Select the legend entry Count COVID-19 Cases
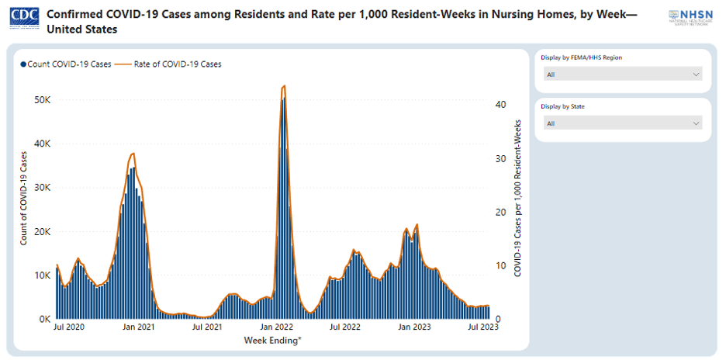coord(66,64)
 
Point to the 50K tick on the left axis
coord(42,100)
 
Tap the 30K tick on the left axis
coord(42,188)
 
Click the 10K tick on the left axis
coord(42,275)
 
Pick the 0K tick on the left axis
coord(44,319)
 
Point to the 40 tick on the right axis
coord(501,105)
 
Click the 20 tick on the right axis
coord(501,212)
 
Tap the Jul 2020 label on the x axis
coord(69,328)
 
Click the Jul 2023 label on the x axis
coord(481,328)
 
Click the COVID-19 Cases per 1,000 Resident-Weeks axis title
coord(517,199)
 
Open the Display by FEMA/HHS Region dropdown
coord(623,74)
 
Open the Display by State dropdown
coord(623,123)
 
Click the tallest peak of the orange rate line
coord(284,86)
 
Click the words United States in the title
coord(82,29)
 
